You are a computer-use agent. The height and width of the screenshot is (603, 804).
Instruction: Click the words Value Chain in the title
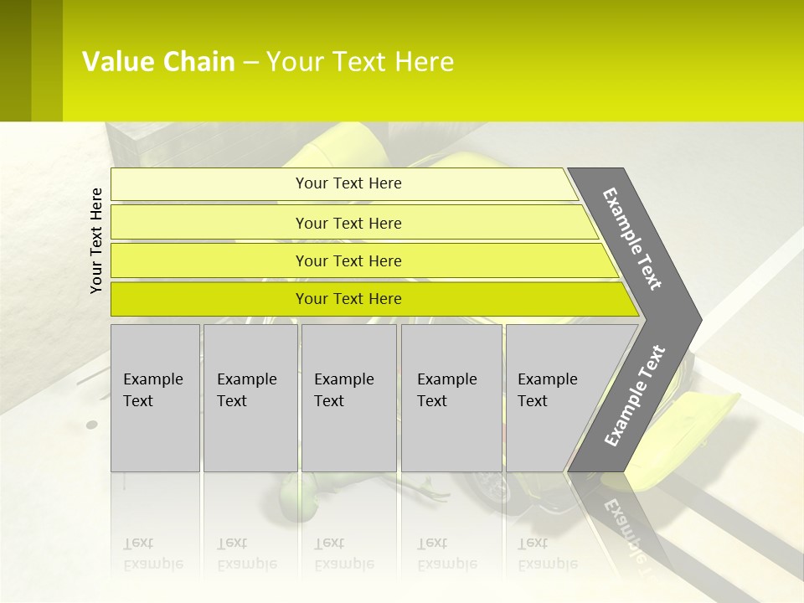pyautogui.click(x=158, y=62)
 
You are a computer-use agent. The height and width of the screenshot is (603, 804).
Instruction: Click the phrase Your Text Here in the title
pyautogui.click(x=360, y=62)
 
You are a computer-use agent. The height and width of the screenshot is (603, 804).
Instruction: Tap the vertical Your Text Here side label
pyautogui.click(x=96, y=240)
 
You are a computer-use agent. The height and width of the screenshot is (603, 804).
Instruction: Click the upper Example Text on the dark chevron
pyautogui.click(x=633, y=240)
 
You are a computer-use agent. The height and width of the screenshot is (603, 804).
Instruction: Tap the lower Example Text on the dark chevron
pyautogui.click(x=635, y=396)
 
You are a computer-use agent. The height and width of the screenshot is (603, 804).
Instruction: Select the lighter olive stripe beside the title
pyautogui.click(x=47, y=60)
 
